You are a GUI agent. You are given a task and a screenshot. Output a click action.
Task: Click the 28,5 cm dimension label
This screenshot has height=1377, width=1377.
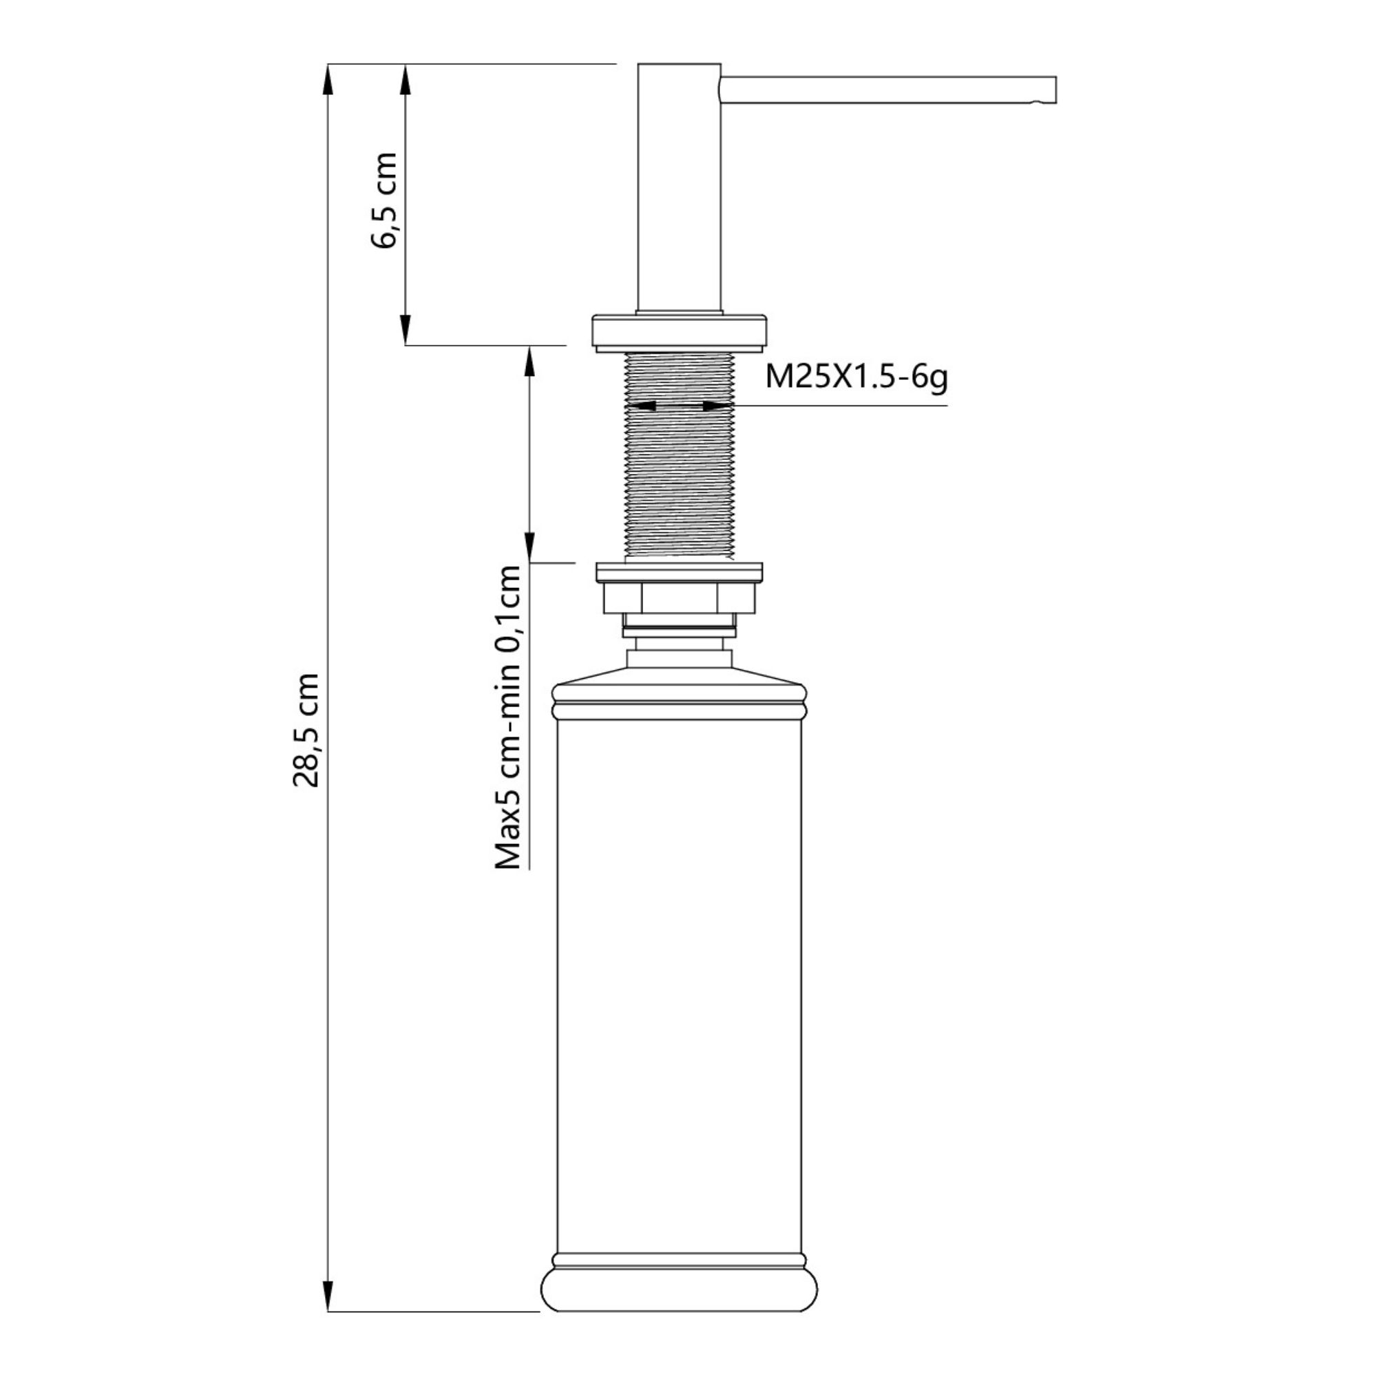pyautogui.click(x=306, y=729)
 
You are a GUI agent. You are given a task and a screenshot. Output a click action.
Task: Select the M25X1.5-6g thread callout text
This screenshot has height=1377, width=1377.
pyautogui.click(x=856, y=377)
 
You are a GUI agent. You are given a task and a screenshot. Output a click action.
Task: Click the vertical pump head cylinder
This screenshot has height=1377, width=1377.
pyautogui.click(x=680, y=187)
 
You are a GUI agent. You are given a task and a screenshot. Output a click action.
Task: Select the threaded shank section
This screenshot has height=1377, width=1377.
pyautogui.click(x=680, y=456)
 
